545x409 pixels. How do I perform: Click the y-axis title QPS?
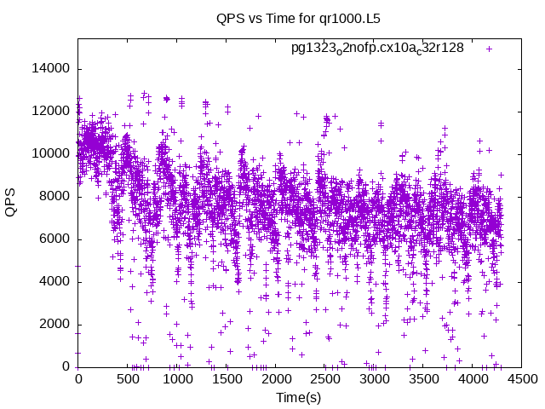coord(11,202)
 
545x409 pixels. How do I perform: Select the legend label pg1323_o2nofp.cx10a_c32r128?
coord(377,48)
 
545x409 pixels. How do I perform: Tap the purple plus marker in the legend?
coord(490,49)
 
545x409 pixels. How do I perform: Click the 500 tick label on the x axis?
coord(128,379)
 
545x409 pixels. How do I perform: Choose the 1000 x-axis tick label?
coord(177,379)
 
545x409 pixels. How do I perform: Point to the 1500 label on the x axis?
coord(227,379)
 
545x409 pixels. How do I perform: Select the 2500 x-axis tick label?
coord(325,379)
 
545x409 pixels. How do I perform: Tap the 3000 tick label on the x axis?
coord(375,379)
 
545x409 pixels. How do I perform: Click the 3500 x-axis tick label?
coord(424,379)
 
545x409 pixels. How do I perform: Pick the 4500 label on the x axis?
coord(523,379)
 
